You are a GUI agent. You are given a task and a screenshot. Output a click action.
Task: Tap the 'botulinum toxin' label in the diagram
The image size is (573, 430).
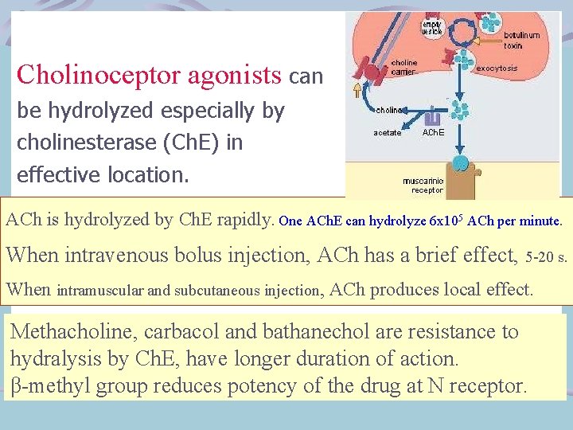tap(521, 40)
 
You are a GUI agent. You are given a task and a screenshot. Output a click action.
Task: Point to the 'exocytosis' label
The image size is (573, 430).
tap(497, 68)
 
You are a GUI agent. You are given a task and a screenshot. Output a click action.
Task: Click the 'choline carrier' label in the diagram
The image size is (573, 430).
tap(403, 67)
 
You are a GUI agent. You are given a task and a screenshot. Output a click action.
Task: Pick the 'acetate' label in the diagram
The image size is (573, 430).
tap(388, 132)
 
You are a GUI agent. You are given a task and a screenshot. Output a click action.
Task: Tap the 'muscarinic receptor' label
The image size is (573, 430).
tap(423, 186)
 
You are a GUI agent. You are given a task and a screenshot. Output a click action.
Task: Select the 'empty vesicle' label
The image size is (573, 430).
tap(432, 29)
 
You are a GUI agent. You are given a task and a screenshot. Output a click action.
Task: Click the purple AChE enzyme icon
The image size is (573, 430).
tap(435, 116)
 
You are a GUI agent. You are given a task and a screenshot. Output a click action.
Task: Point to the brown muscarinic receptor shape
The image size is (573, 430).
tap(470, 171)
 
